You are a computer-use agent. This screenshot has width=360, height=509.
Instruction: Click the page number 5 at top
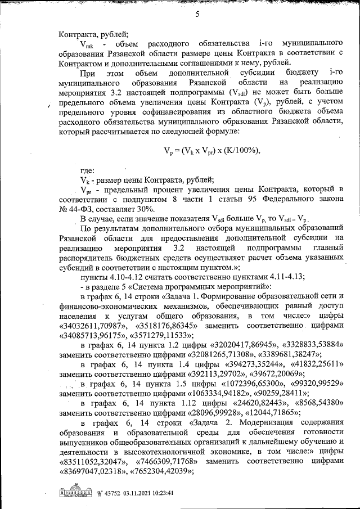pos(197,15)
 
